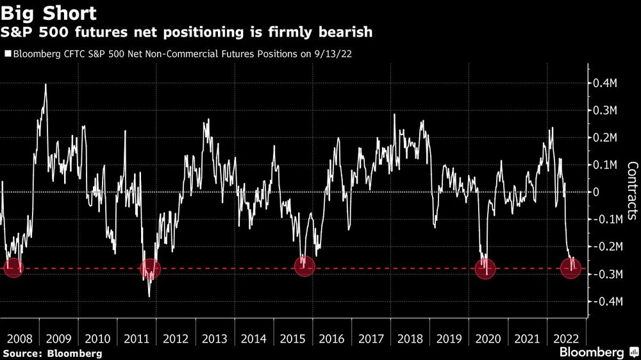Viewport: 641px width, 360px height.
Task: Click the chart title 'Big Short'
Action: pos(50,13)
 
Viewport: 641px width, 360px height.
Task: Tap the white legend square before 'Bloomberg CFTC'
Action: pos(8,54)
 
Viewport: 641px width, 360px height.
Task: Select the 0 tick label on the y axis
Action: pos(595,192)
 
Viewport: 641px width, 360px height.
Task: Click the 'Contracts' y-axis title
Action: pos(631,191)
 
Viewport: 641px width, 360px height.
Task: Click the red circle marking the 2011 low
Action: pos(150,269)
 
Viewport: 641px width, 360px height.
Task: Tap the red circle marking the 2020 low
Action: pos(485,269)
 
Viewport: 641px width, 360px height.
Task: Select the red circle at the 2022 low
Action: pos(570,269)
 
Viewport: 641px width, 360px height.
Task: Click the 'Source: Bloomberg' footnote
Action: pos(52,353)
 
